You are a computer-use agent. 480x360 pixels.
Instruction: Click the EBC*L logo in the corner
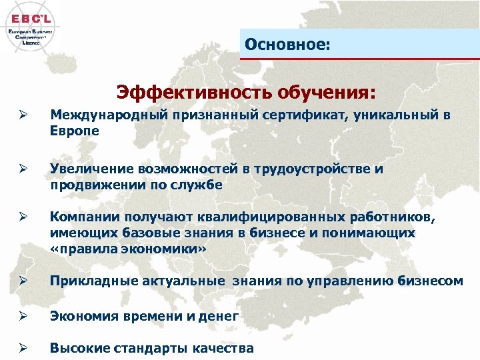(x=31, y=26)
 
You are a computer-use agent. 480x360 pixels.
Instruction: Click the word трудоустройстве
(x=312, y=169)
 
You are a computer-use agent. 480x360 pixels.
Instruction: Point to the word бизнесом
(x=433, y=281)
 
